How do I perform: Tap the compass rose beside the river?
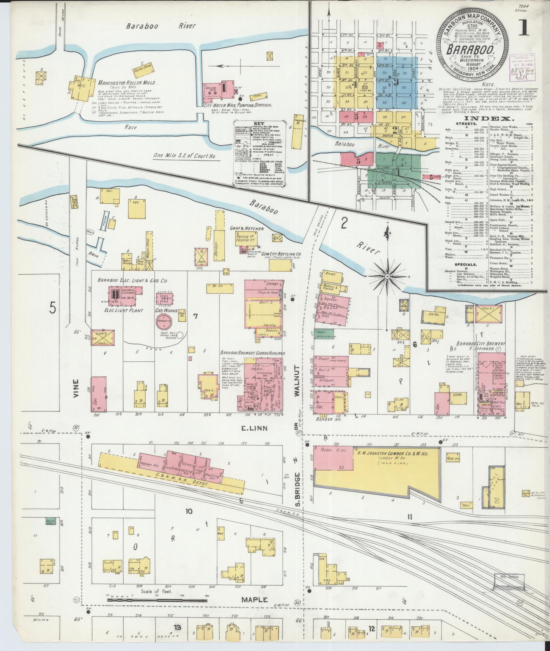click(x=387, y=276)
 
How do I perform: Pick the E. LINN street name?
click(x=255, y=428)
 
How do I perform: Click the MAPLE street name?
click(x=255, y=600)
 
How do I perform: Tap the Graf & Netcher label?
click(x=247, y=229)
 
